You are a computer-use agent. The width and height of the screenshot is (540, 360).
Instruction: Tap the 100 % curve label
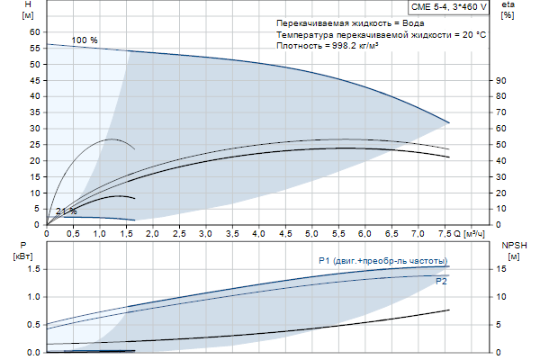[85, 40]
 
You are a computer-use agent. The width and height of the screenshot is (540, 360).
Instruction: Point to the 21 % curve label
[66, 211]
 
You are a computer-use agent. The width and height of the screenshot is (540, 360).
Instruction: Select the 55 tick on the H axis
[36, 64]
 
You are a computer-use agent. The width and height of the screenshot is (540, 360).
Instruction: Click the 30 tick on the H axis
[36, 129]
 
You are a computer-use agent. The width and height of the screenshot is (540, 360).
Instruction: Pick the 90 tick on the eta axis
[505, 80]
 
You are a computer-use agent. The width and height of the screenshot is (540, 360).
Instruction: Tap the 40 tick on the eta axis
[505, 160]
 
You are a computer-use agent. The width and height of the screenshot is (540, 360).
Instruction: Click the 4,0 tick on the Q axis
[258, 234]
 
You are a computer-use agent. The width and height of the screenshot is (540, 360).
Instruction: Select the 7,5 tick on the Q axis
[444, 234]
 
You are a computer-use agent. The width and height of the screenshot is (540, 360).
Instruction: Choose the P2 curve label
[441, 282]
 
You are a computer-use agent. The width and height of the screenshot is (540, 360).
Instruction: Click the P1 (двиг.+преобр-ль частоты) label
[382, 261]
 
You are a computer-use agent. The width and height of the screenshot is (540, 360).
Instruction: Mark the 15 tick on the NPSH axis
[505, 268]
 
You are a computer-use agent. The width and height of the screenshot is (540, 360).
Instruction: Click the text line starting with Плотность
[327, 45]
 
